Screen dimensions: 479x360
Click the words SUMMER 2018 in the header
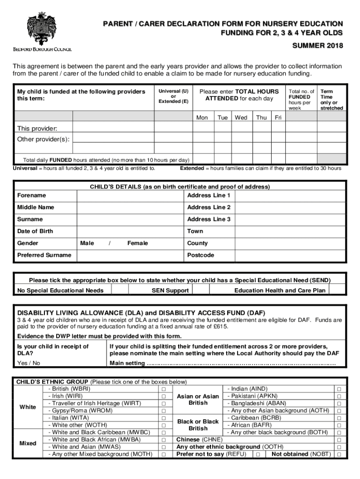pyautogui.click(x=317, y=45)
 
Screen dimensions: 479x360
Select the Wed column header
pyautogui.click(x=241, y=117)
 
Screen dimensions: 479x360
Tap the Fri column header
pyautogui.click(x=278, y=117)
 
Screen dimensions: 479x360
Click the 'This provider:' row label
pyautogui.click(x=37, y=129)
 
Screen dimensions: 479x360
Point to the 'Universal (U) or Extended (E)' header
pyautogui.click(x=173, y=96)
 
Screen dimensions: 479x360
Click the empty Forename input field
pyautogui.click(x=130, y=196)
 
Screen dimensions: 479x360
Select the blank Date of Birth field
pyautogui.click(x=130, y=231)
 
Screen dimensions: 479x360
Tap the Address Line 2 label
pyautogui.click(x=209, y=207)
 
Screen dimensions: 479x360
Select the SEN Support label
pyautogui.click(x=170, y=290)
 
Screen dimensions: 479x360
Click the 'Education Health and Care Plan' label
pyautogui.click(x=280, y=290)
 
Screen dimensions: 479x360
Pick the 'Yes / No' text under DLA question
pyautogui.click(x=29, y=363)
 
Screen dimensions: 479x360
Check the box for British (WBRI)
pyautogui.click(x=164, y=389)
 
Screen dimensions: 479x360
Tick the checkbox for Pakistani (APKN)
pyautogui.click(x=339, y=396)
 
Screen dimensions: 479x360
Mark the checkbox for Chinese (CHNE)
pyautogui.click(x=339, y=440)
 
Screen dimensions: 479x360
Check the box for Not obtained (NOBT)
pyautogui.click(x=339, y=455)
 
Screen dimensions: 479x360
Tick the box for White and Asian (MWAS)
pyautogui.click(x=164, y=447)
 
